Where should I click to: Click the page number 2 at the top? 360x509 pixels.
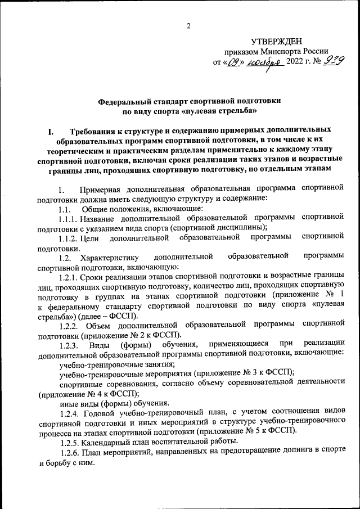point(188,25)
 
